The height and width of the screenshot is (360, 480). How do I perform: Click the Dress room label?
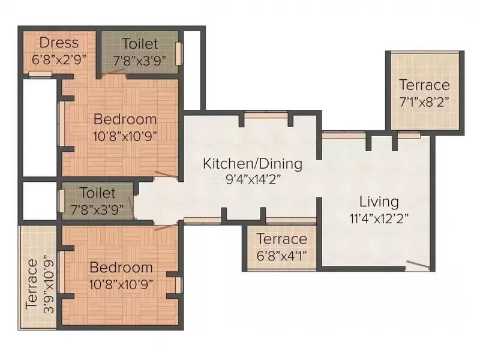[59, 43]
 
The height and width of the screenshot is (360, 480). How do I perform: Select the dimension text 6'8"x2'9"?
[59, 59]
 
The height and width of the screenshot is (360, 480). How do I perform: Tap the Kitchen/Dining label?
[253, 164]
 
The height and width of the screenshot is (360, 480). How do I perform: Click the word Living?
[379, 202]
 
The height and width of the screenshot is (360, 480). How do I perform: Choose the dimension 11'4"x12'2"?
[379, 218]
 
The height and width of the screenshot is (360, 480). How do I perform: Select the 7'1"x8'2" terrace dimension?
[424, 101]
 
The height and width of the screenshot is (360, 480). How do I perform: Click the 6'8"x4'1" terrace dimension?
[281, 256]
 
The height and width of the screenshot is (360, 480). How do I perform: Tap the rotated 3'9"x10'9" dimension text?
[49, 287]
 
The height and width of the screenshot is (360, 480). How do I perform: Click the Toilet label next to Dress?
[140, 44]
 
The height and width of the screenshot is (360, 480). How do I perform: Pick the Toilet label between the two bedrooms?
[98, 193]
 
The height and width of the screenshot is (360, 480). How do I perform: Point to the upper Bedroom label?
[125, 119]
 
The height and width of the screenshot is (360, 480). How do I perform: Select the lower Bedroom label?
[121, 268]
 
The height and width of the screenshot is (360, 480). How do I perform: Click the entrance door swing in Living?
[418, 265]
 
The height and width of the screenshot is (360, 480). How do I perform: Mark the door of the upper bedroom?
[166, 175]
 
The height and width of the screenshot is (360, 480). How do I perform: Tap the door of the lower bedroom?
[166, 227]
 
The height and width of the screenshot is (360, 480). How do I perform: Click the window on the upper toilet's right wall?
[179, 53]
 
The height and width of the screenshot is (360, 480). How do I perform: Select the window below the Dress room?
[40, 74]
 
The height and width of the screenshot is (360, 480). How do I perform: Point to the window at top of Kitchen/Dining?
[266, 115]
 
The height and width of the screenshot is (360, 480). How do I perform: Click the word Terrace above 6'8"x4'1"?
[281, 239]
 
